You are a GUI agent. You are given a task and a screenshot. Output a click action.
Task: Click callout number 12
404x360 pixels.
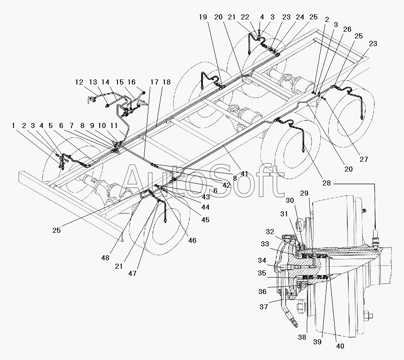click(x=79, y=82)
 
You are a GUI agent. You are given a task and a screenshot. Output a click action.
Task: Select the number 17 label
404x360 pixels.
click(x=154, y=82)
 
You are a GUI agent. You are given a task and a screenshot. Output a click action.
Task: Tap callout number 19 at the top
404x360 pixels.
click(x=203, y=17)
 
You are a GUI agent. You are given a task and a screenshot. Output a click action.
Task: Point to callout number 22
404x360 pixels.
click(x=245, y=17)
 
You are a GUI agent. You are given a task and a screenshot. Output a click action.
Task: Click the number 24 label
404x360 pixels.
click(x=300, y=17)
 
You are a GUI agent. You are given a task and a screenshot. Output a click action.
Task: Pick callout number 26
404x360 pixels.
click(x=347, y=30)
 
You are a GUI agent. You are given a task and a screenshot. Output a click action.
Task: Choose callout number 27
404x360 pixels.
click(x=363, y=160)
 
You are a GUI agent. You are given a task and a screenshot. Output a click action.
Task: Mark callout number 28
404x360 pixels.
click(x=326, y=183)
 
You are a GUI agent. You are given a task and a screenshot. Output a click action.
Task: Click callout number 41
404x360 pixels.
click(x=244, y=174)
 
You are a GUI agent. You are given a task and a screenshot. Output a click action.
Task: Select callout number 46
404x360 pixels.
click(x=192, y=241)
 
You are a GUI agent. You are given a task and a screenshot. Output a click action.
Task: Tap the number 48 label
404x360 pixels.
click(x=105, y=258)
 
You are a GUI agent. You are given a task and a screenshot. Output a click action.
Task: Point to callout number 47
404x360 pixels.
click(x=132, y=274)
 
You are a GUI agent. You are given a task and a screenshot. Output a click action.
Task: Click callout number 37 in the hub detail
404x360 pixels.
click(x=264, y=307)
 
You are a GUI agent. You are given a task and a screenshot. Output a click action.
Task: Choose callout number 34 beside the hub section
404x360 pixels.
click(x=262, y=261)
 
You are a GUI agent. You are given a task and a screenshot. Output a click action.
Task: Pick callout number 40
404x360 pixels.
click(x=340, y=346)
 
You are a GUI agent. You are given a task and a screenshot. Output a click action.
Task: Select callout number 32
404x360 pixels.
click(x=270, y=232)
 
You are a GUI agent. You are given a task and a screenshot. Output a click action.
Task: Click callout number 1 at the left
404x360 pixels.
click(x=14, y=126)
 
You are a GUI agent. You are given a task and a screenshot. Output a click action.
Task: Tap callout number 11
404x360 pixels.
click(x=114, y=126)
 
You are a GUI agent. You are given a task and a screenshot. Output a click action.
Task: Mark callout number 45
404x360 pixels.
click(x=205, y=220)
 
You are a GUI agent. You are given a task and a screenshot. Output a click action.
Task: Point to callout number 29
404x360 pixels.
click(x=304, y=193)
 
